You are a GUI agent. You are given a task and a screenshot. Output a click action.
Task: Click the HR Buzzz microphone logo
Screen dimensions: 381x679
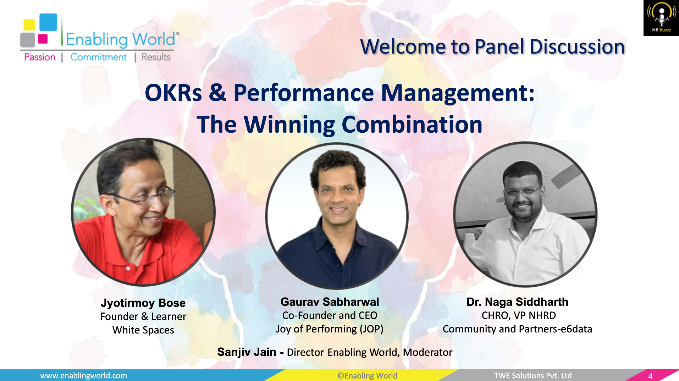coord(661,18)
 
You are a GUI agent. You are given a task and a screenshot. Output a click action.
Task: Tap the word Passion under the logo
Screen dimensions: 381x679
coord(40,57)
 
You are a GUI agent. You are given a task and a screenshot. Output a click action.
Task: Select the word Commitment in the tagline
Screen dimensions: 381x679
coord(98,57)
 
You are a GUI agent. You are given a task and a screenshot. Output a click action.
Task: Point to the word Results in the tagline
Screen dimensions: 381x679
coord(156,57)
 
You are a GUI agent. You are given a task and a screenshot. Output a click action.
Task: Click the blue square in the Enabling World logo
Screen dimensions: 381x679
coord(48,22)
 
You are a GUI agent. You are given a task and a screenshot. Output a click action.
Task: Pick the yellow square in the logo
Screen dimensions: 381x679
coord(29,24)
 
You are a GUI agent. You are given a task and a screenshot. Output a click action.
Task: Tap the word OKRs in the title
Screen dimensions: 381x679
coord(173,93)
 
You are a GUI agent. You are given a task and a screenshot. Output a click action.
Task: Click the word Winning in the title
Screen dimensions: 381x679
coord(289,125)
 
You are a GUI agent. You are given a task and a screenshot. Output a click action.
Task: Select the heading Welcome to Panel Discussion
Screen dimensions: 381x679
coord(492,47)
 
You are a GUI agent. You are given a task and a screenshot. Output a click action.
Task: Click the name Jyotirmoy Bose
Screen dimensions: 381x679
coord(143,303)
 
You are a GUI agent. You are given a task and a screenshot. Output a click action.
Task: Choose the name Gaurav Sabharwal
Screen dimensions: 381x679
coord(330,302)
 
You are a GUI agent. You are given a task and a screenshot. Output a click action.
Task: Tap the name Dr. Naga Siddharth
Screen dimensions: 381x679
coord(517,302)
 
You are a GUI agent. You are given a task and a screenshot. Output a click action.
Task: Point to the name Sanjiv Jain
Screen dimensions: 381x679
coord(247,352)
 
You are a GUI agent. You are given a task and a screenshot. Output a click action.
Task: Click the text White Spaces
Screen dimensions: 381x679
coord(143,330)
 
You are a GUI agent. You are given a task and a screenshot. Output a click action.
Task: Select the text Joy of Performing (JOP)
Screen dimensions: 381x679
coord(330,329)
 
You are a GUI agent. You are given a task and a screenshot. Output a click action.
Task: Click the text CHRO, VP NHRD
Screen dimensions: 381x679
coord(518,315)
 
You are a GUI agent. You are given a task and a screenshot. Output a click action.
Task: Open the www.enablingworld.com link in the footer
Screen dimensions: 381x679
coord(83,376)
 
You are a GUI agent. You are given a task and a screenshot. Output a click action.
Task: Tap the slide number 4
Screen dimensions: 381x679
coord(650,376)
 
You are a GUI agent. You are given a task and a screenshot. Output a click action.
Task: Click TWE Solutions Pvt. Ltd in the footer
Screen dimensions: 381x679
coord(532,376)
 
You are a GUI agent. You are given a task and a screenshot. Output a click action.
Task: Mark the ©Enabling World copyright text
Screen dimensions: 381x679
coord(367,376)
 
